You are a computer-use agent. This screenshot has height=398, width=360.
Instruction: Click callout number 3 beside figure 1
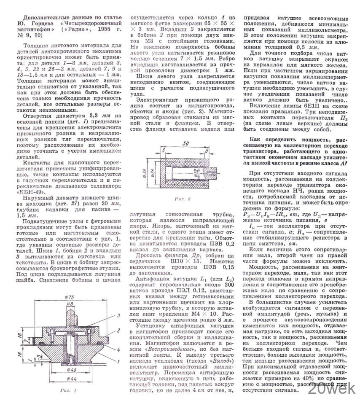(x=119, y=315)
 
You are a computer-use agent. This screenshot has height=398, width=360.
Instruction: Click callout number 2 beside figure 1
(x=119, y=331)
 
